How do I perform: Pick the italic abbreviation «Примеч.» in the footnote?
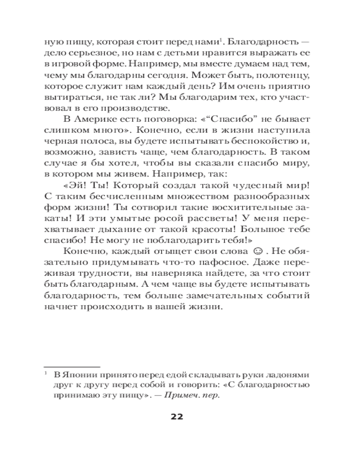click(x=180, y=395)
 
